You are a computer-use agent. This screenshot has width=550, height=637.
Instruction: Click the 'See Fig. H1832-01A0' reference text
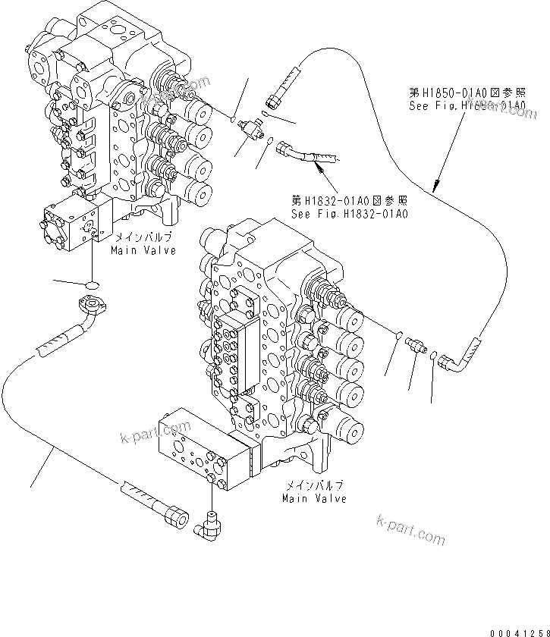(350, 215)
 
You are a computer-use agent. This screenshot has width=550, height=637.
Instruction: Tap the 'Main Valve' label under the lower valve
(314, 498)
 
